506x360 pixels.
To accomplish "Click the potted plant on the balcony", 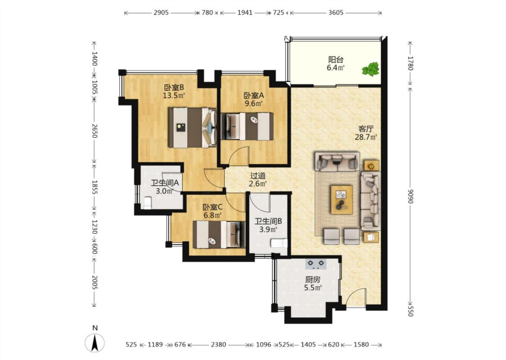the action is point(371,69).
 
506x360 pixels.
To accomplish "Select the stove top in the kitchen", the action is point(316,264).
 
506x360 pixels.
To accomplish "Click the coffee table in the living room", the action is point(341,199).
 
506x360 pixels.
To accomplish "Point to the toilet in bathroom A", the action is point(148,203).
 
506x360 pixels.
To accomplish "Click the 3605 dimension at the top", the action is point(336,13).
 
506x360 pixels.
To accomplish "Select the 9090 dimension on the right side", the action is point(410,196).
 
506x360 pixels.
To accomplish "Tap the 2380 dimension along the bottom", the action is point(219,345).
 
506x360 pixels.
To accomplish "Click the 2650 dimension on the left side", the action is point(94,131).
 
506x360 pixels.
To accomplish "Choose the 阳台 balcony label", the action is point(336,60).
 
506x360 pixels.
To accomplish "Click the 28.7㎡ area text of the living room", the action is point(366,137).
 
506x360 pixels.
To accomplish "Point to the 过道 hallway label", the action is point(258,176).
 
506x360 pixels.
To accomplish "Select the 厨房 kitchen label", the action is point(313,279).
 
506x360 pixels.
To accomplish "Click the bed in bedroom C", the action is point(219,234).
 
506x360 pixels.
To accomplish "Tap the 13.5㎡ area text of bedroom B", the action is point(174,95).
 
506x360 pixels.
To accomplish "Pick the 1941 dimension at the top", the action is point(245,13).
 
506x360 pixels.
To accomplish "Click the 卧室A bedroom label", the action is point(254,95).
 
